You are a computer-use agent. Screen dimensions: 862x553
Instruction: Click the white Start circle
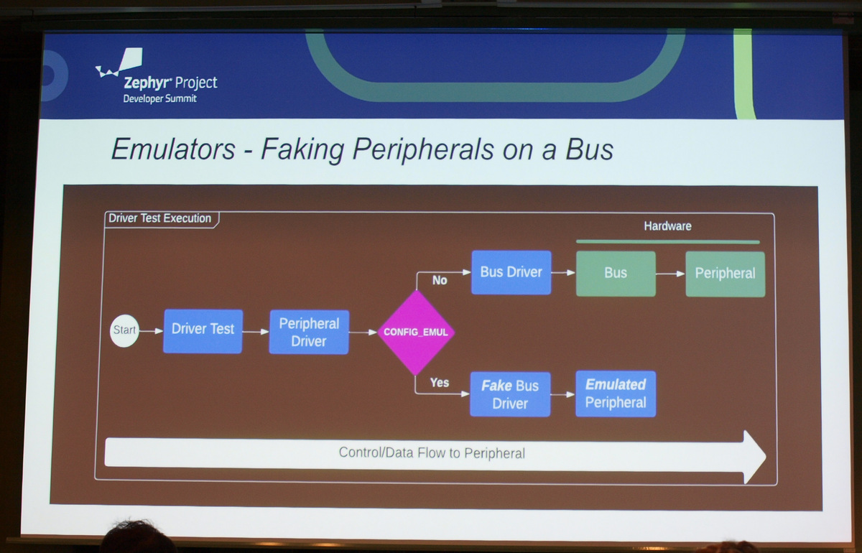[124, 330]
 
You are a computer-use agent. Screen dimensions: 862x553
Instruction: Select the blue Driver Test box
[203, 331]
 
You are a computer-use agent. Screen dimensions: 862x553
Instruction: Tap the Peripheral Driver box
[309, 332]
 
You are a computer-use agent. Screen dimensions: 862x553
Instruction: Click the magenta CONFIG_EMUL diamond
[416, 332]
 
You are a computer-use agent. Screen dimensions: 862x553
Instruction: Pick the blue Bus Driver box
[511, 272]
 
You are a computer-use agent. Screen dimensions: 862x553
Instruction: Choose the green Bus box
[616, 274]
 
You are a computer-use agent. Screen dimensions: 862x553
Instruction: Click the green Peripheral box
[726, 274]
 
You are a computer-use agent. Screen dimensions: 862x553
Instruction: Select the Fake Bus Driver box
[510, 394]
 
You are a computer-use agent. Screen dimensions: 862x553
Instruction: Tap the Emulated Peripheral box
[616, 394]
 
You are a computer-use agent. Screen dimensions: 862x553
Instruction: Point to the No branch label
[440, 280]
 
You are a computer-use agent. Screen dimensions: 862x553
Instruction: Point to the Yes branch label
[440, 383]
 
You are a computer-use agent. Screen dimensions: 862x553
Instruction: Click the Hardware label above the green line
[667, 226]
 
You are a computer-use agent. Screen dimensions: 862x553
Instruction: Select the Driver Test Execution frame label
[159, 218]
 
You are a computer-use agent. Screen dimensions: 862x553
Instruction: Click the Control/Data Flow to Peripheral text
[432, 453]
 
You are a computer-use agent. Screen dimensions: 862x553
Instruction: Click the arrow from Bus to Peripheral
[671, 274]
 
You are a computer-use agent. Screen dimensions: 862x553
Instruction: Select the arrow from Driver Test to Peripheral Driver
[256, 332]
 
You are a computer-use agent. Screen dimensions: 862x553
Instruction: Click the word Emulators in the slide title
[173, 149]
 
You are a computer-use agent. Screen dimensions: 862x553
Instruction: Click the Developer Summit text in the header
[159, 99]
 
